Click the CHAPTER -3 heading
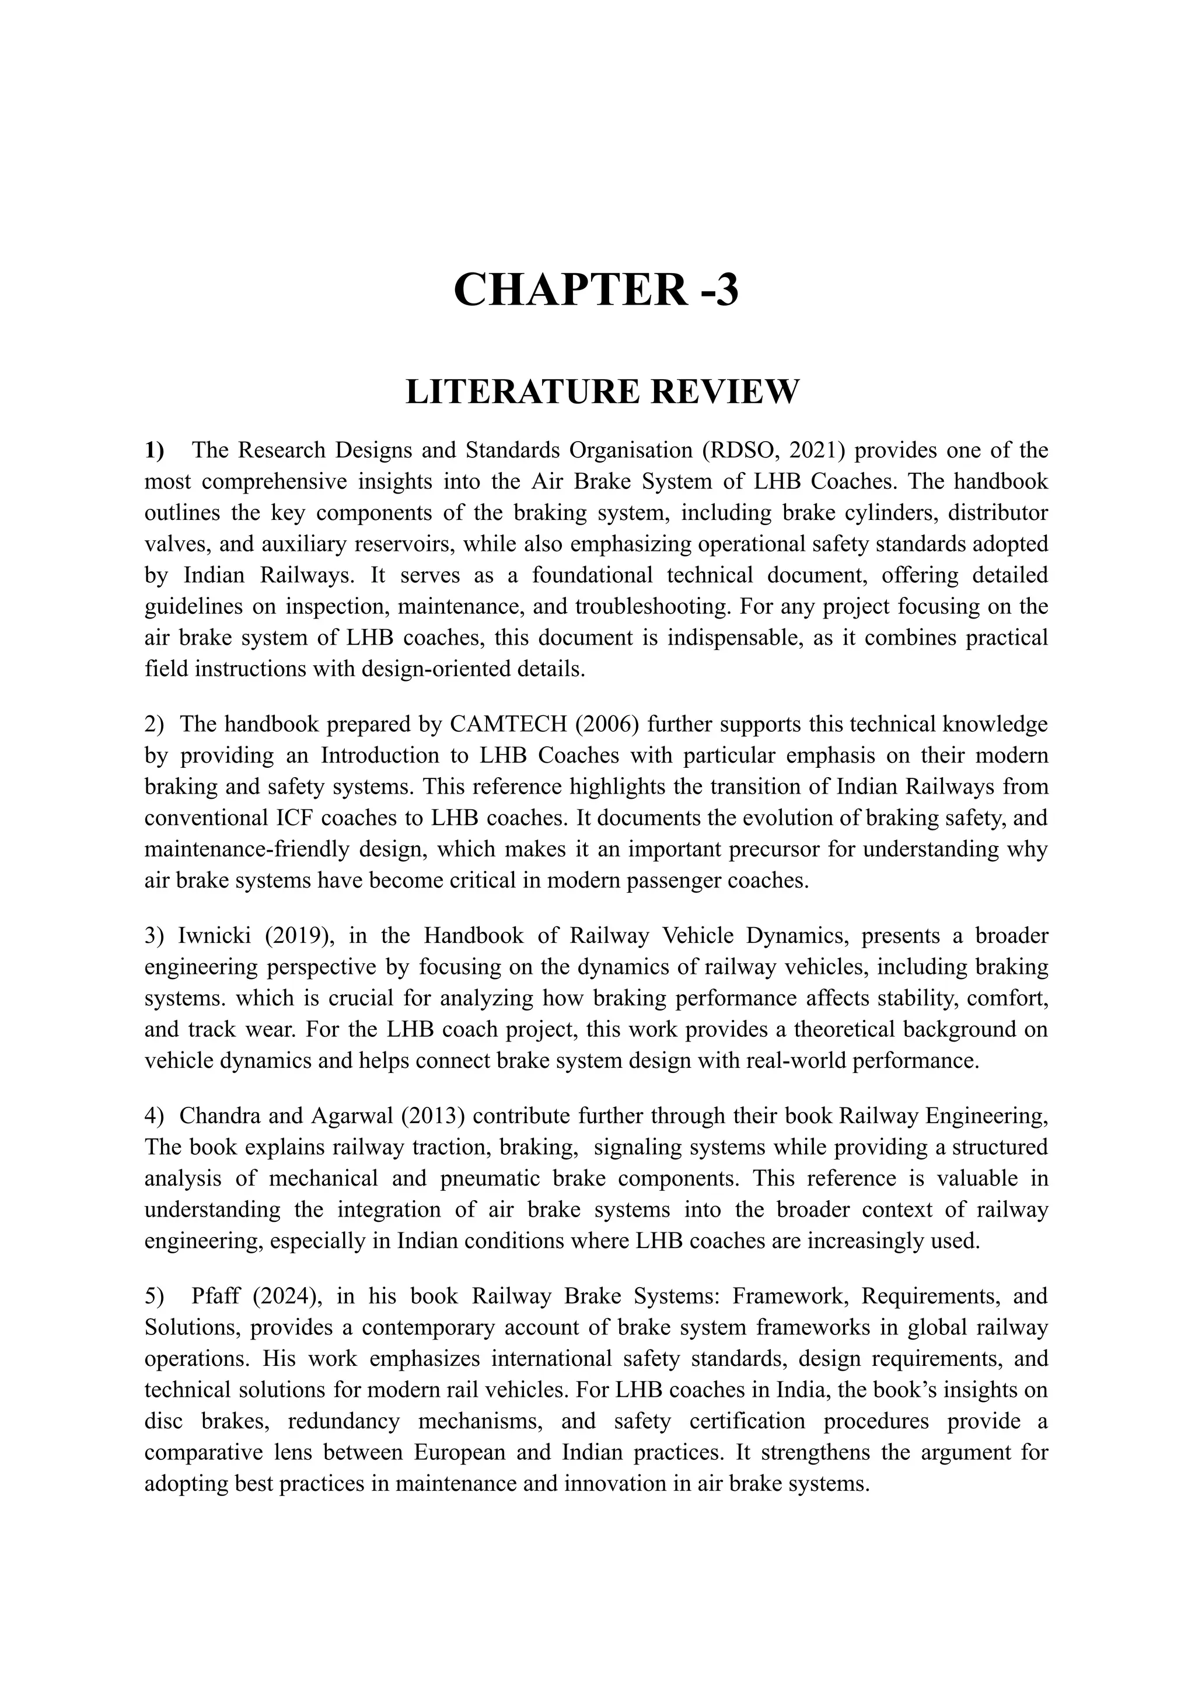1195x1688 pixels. coord(596,290)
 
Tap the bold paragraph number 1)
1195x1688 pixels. coord(155,450)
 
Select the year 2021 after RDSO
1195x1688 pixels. coord(815,450)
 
